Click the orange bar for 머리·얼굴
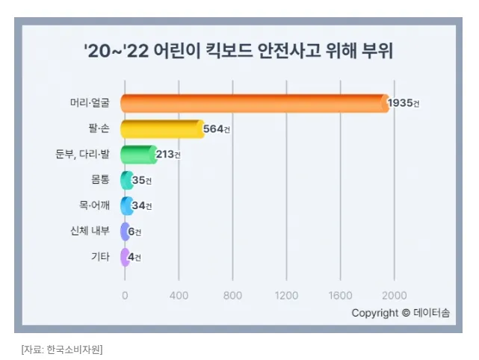pyautogui.click(x=254, y=103)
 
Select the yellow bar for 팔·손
pyautogui.click(x=161, y=129)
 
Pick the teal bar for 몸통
pyautogui.click(x=126, y=180)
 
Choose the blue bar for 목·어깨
pyautogui.click(x=126, y=205)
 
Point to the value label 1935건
pyautogui.click(x=404, y=103)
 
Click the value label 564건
pyautogui.click(x=217, y=129)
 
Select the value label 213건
pyautogui.click(x=168, y=155)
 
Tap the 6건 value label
pyautogui.click(x=135, y=232)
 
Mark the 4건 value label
pyautogui.click(x=135, y=257)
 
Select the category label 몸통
pyautogui.click(x=99, y=180)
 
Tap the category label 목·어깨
pyautogui.click(x=94, y=205)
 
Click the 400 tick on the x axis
pyautogui.click(x=179, y=294)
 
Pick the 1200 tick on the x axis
pyautogui.click(x=286, y=294)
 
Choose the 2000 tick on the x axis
pyautogui.click(x=395, y=294)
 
